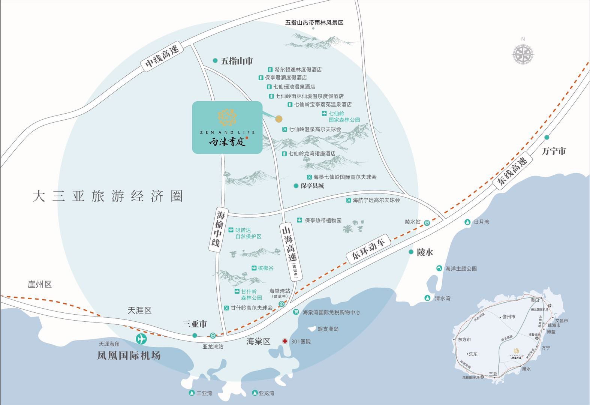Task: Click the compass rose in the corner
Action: [x=523, y=54]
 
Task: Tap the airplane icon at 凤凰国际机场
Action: [x=141, y=339]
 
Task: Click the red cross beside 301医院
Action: [x=285, y=341]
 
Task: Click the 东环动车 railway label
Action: [x=368, y=249]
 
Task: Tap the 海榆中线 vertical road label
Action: [x=217, y=229]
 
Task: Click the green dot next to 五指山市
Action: [x=215, y=60]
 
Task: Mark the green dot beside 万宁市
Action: [x=547, y=137]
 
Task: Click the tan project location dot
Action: [x=279, y=119]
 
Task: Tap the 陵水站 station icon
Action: [x=427, y=223]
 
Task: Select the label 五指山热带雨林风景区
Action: [x=314, y=22]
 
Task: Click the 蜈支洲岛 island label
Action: [x=328, y=329]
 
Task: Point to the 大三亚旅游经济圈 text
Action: [x=108, y=196]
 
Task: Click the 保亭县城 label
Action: [x=312, y=186]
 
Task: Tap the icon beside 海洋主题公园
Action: [x=439, y=268]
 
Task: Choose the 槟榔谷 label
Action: [x=265, y=268]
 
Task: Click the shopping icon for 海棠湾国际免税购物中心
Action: [x=296, y=312]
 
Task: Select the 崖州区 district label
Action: [x=40, y=284]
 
